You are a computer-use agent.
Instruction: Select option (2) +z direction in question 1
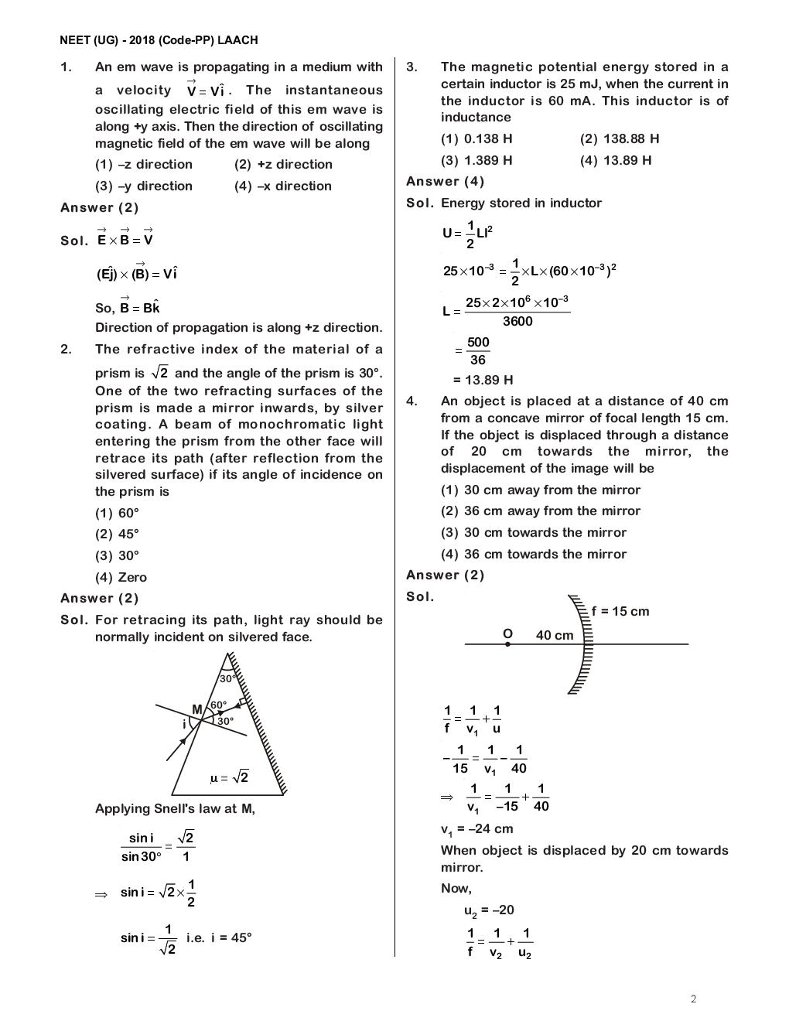283,165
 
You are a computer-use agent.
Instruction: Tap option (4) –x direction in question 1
283,186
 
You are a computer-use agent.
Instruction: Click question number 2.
67,350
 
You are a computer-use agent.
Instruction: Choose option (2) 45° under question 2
117,534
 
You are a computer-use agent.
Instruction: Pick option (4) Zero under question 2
121,578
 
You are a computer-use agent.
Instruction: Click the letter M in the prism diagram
196,709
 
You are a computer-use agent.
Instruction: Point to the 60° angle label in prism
218,705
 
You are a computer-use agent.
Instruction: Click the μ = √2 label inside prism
229,777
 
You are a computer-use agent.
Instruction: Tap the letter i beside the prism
184,725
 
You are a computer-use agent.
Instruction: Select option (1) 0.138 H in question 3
476,139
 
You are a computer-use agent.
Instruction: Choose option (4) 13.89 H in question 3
616,161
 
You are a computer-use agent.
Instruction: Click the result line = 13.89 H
483,380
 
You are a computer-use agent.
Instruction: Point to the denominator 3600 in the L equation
517,322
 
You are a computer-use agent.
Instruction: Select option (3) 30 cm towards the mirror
534,533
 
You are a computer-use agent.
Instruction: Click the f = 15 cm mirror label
620,612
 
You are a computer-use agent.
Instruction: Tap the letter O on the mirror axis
507,633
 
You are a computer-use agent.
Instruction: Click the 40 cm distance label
555,636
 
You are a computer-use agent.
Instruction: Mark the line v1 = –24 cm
476,829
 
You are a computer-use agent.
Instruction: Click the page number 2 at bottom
693,999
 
